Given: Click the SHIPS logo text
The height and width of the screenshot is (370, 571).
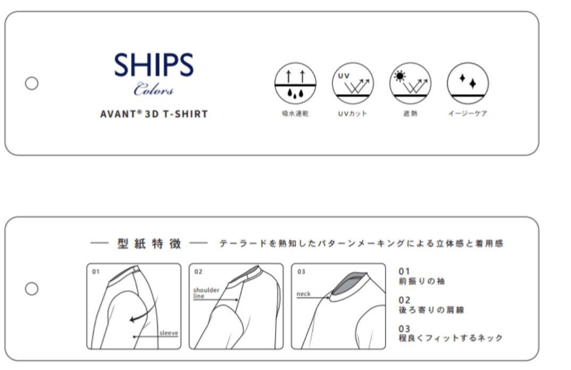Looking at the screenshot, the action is pyautogui.click(x=154, y=65).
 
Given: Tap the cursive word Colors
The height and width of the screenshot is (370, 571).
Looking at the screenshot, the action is pyautogui.click(x=154, y=89).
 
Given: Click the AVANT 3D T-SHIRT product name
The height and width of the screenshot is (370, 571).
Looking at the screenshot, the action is pyautogui.click(x=154, y=114).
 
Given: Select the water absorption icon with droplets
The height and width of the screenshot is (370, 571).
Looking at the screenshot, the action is pyautogui.click(x=295, y=83).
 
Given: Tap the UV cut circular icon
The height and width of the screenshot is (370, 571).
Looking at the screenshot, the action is pyautogui.click(x=353, y=83).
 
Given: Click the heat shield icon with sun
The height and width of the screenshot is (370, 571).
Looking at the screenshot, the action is pyautogui.click(x=411, y=83).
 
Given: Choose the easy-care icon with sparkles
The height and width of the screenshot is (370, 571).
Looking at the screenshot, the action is pyautogui.click(x=468, y=83).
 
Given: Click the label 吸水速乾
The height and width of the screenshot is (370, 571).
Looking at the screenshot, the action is pyautogui.click(x=295, y=114).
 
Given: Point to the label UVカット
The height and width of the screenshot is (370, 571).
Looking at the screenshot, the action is pyautogui.click(x=353, y=114).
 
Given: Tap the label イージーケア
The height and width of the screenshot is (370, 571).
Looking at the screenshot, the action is pyautogui.click(x=468, y=114).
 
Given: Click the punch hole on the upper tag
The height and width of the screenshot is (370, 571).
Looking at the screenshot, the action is pyautogui.click(x=32, y=83).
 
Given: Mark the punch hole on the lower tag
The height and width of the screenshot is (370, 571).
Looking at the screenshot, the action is pyautogui.click(x=32, y=289).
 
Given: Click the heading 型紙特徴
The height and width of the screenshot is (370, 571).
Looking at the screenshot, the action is pyautogui.click(x=149, y=243).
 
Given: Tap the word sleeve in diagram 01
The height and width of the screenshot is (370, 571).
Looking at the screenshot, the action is pyautogui.click(x=168, y=333).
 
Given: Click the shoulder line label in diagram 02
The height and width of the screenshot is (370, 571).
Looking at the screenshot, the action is pyautogui.click(x=206, y=293).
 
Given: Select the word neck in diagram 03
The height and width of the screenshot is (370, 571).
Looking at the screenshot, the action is pyautogui.click(x=303, y=294).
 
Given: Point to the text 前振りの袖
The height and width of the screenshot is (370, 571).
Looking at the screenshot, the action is pyautogui.click(x=422, y=281).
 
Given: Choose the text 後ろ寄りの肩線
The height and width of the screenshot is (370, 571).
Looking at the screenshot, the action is pyautogui.click(x=431, y=310).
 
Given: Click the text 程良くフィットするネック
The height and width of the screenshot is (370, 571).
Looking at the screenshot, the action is pyautogui.click(x=451, y=338).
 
